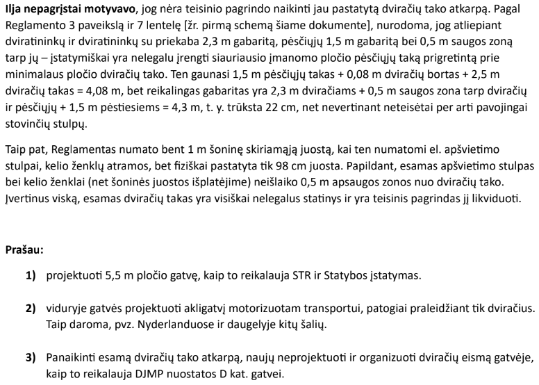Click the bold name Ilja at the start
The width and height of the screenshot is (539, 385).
12,9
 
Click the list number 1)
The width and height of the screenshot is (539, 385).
31,276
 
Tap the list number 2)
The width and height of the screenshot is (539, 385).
31,309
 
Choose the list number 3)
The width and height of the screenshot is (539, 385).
31,358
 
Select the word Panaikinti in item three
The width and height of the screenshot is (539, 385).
71,358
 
